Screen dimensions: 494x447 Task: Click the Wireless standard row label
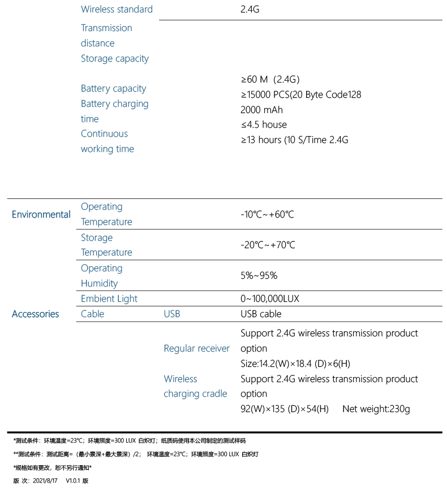point(117,9)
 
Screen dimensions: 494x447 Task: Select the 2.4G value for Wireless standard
point(250,9)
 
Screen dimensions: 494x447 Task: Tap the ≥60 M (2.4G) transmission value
point(270,79)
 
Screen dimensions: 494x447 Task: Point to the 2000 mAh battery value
point(261,110)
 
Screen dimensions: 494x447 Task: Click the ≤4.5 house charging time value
point(264,124)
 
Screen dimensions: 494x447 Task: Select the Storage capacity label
point(115,58)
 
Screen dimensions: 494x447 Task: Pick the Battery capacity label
point(113,88)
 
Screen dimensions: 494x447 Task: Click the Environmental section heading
point(41,214)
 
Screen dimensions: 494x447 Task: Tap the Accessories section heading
point(35,314)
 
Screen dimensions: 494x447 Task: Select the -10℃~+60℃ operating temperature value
point(267,214)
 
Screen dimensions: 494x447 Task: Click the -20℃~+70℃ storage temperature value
point(268,245)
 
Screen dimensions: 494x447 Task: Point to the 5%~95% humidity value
point(259,275)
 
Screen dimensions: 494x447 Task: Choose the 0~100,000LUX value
point(269,298)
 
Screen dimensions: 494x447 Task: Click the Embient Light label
point(109,298)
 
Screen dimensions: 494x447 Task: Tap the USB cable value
point(261,314)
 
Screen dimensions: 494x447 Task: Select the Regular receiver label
point(197,348)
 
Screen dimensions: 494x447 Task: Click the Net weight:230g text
point(376,409)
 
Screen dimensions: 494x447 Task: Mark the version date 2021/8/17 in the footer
point(46,480)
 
